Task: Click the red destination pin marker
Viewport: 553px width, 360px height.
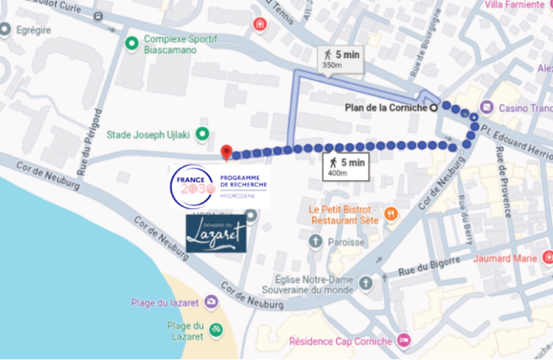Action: [x=227, y=152]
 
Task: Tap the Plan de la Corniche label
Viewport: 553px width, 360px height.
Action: [x=386, y=108]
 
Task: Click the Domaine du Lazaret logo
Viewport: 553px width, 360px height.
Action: [x=216, y=234]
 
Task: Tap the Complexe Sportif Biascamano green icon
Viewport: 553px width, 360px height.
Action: [x=132, y=44]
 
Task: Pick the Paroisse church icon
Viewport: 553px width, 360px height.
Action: [x=315, y=241]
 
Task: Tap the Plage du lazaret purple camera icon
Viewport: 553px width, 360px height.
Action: [x=212, y=302]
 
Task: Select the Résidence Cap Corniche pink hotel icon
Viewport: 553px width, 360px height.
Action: [x=403, y=341]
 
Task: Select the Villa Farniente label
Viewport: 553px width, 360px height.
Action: [x=515, y=5]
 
